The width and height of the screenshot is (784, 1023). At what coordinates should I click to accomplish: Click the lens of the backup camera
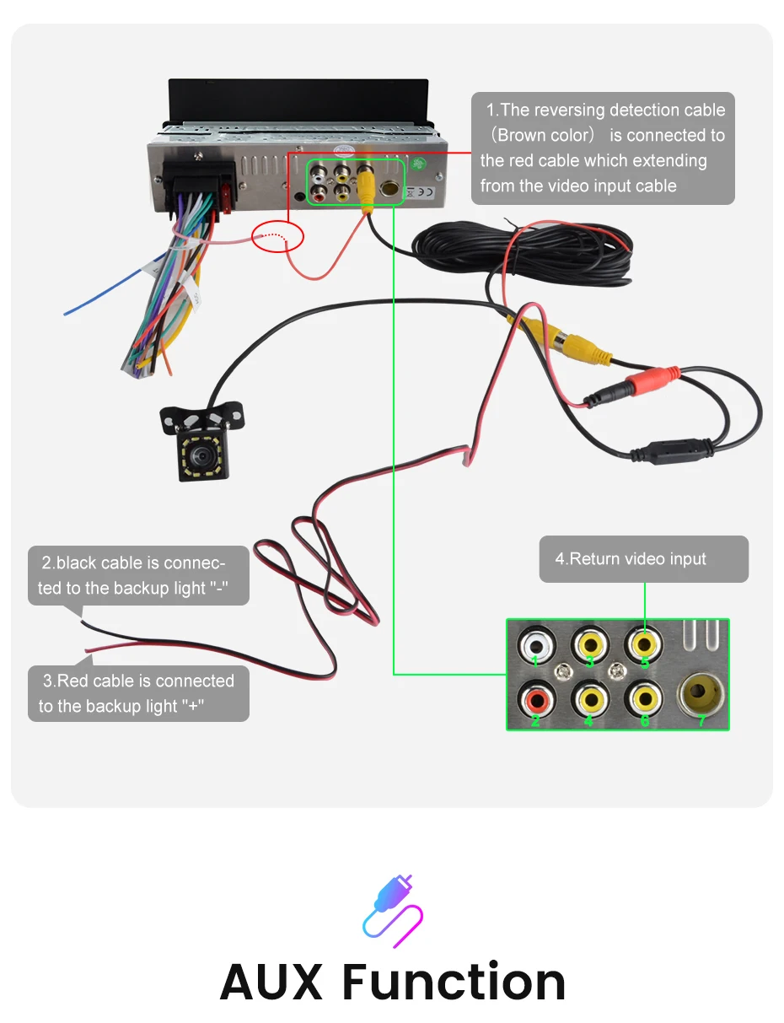coord(202,455)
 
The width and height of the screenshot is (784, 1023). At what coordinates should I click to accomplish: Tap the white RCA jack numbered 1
coord(536,644)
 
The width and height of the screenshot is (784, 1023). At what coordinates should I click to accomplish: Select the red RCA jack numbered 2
coord(536,699)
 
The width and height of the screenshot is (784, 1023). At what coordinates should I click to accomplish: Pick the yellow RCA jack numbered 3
coord(589,643)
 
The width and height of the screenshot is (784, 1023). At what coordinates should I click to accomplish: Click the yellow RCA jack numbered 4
coord(590,699)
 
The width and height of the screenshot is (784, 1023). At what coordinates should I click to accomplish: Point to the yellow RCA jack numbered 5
coord(644,643)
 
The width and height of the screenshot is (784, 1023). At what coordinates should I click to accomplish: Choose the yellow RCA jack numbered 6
coord(644,699)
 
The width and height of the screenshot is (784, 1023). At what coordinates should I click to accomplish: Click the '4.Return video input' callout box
coord(643,559)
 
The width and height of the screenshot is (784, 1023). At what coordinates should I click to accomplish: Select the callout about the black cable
coord(138,575)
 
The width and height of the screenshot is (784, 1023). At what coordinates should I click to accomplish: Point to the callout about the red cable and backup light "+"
coord(138,693)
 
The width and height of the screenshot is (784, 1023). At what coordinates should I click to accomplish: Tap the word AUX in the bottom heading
coord(271,981)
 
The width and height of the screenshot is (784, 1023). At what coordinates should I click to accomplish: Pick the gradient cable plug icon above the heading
coord(393,912)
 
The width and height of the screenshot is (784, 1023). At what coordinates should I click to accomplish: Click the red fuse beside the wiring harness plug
coord(227,199)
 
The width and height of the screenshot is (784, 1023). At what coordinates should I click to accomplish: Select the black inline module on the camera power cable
coord(673,452)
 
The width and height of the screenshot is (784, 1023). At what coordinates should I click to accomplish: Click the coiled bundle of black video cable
coord(522,253)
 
